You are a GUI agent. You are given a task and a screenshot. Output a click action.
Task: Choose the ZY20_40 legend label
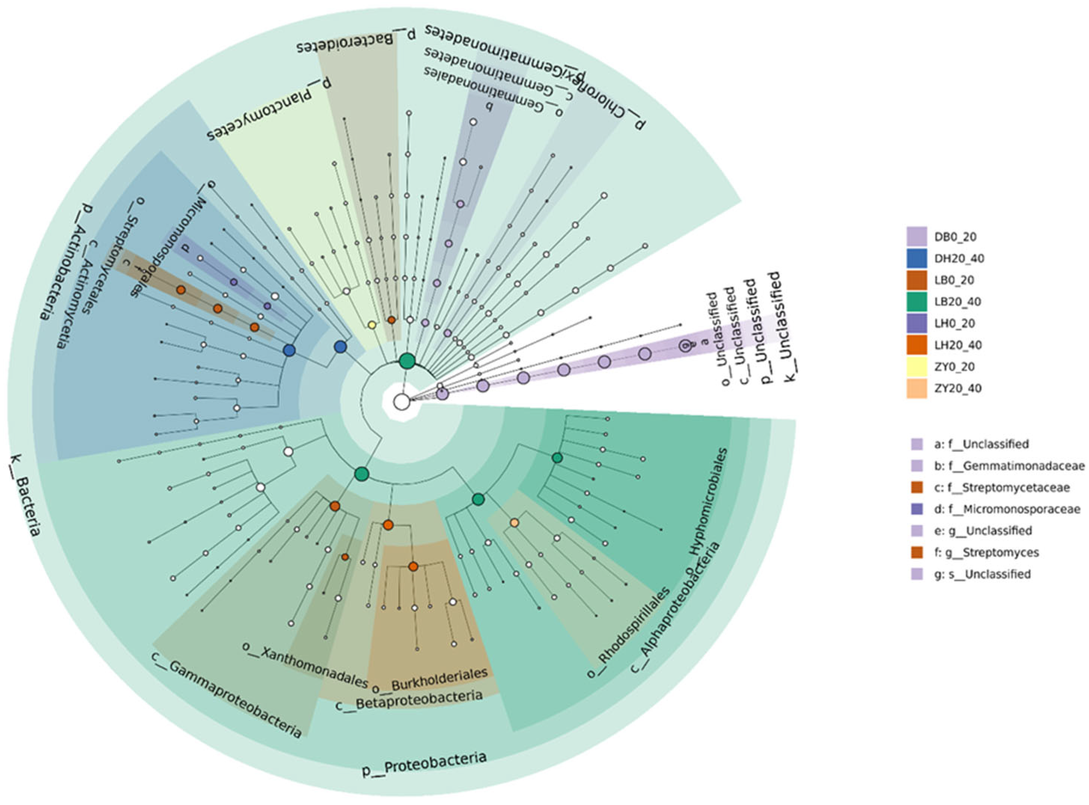coord(958,388)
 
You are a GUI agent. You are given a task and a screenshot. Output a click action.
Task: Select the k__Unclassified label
coord(782,326)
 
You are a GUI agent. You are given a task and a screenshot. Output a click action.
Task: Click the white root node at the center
coord(402,402)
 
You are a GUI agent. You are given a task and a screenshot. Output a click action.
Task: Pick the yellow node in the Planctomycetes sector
coord(371,325)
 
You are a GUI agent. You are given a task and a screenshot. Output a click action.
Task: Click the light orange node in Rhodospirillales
coord(514,523)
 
